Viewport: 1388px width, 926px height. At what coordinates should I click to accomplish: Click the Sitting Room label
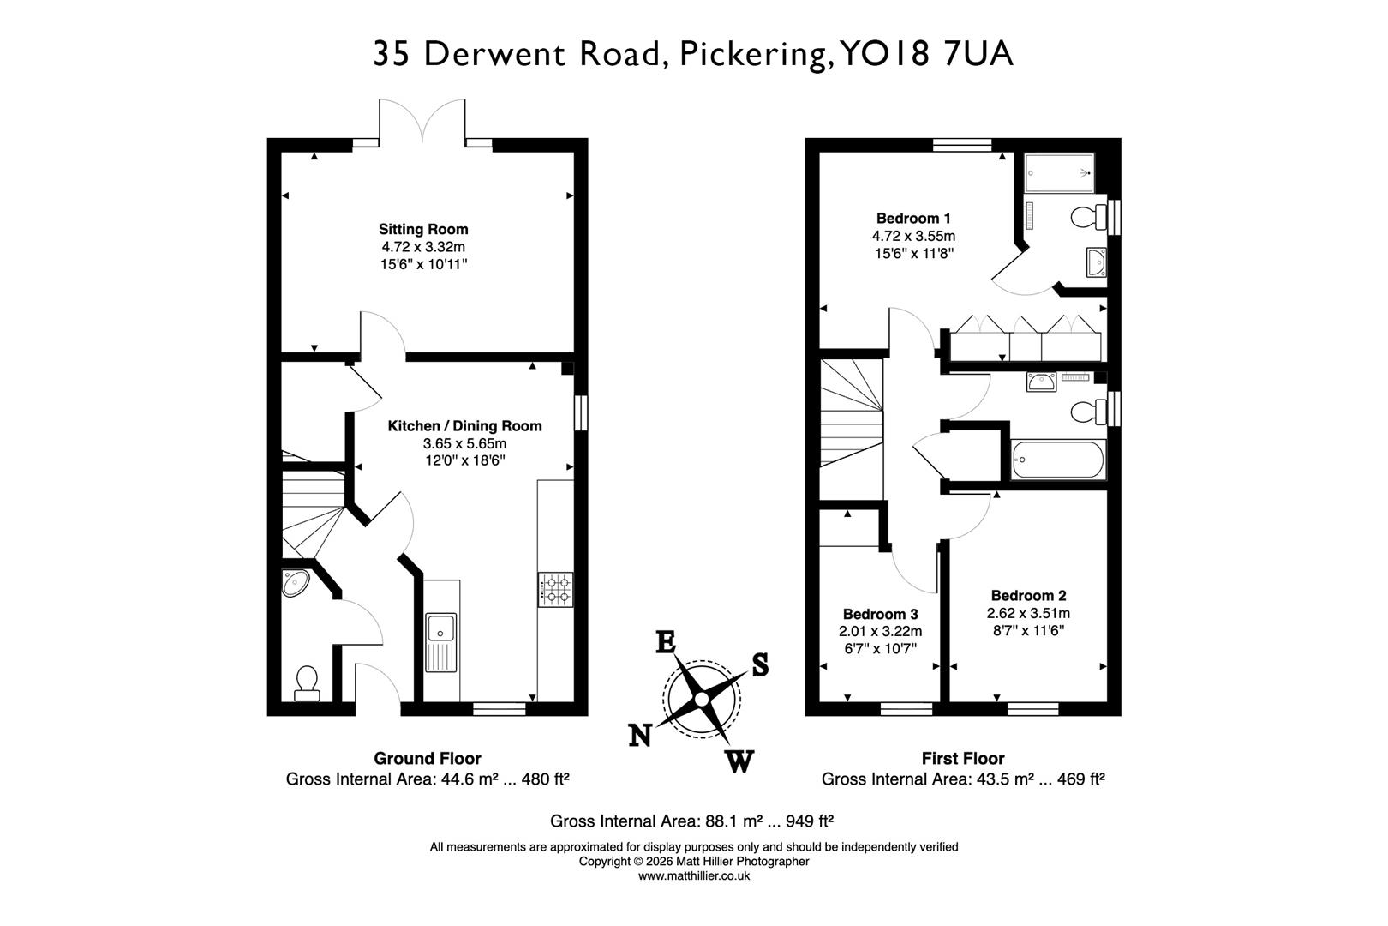point(423,229)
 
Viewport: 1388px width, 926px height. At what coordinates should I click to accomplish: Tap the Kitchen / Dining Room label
point(464,425)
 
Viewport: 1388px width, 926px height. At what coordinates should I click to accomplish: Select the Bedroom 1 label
point(913,218)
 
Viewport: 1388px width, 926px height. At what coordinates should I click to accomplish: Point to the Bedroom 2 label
point(1028,595)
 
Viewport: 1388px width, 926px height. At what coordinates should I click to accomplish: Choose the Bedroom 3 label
point(880,614)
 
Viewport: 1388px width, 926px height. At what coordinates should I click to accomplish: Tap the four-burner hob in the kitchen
point(555,589)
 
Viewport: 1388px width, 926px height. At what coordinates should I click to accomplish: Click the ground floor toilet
point(306,682)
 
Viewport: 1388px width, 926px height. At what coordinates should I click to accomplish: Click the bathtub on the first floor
point(1057,460)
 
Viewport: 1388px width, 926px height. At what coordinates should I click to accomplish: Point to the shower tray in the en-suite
point(1060,171)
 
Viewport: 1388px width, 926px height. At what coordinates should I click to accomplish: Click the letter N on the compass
point(640,736)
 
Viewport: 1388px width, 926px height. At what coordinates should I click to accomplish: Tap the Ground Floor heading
point(427,758)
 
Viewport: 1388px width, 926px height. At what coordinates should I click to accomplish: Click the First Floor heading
point(962,758)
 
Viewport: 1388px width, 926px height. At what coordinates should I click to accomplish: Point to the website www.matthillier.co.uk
point(694,875)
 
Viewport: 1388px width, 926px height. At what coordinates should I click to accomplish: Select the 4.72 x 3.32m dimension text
point(423,247)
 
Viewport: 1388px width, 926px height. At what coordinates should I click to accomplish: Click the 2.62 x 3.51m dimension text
point(1028,613)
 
